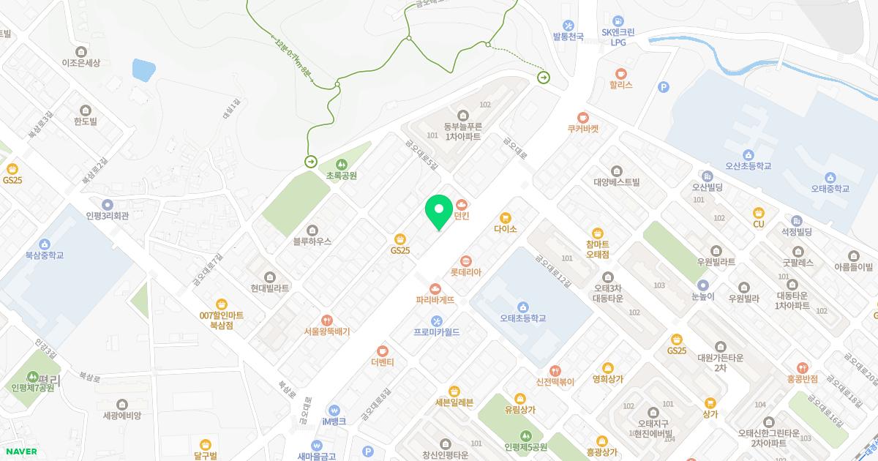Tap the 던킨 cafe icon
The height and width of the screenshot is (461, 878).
461,203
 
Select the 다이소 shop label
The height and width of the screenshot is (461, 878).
505,229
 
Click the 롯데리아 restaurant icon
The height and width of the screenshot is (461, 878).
466,260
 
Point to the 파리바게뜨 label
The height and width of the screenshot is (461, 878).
435,300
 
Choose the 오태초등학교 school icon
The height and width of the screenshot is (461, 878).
523,307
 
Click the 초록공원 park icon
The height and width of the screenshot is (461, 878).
342,163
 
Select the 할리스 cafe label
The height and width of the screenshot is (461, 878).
620,85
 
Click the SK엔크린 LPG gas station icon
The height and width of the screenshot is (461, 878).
619,21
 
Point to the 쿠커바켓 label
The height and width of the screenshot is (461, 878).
582,128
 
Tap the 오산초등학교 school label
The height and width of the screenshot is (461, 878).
748,166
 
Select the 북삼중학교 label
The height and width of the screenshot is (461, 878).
45,255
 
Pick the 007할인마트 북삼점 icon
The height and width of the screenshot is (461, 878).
222,304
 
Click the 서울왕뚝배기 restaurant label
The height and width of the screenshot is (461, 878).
327,331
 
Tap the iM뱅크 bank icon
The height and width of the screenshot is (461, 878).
334,410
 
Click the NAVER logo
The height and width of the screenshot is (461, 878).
19,451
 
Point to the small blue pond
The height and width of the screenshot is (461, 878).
143,70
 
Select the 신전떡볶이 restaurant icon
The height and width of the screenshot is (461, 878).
555,370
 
